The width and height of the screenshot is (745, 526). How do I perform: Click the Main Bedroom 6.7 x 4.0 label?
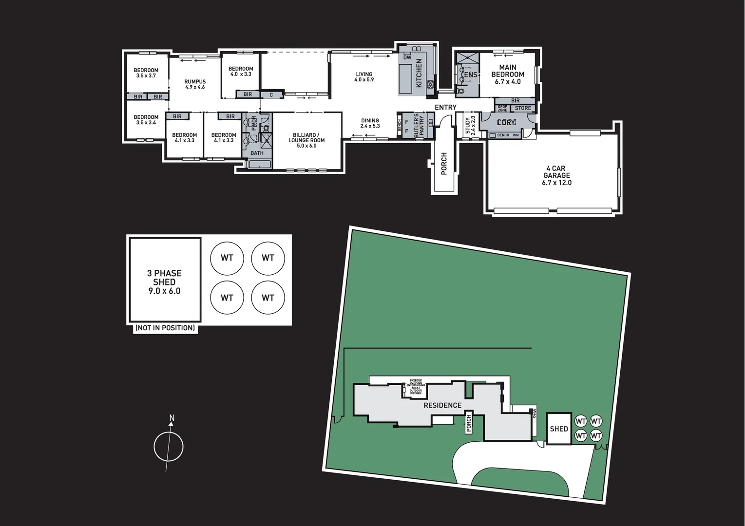[507, 75]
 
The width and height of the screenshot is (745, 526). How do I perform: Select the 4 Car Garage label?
[556, 175]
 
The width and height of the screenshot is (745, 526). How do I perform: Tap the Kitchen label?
[419, 74]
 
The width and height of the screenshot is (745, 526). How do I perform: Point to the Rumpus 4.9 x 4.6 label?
[195, 84]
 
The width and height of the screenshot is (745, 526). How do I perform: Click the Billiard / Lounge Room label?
[306, 140]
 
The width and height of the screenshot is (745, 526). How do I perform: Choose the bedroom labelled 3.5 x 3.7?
[146, 73]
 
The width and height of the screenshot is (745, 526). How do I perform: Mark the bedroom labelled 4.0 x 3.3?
[241, 71]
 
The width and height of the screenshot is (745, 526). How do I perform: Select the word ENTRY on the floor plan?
[445, 107]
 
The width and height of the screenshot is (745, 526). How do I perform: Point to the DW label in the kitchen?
[407, 57]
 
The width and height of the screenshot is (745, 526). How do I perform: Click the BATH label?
[257, 153]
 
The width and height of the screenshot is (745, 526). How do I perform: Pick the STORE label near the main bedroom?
[523, 108]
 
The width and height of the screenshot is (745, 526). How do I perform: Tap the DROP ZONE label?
[502, 109]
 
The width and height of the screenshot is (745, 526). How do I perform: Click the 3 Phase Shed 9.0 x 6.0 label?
[165, 282]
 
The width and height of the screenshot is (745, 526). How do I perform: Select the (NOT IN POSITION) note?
[165, 328]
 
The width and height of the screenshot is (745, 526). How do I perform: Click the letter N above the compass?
[172, 418]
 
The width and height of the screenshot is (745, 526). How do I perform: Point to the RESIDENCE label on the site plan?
[442, 405]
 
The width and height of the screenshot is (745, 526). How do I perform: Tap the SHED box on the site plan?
[559, 429]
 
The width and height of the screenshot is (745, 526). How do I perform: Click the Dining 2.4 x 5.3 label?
[370, 123]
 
